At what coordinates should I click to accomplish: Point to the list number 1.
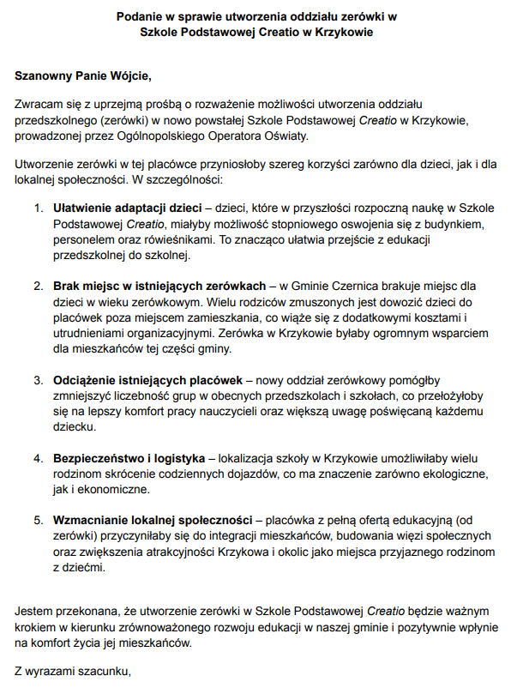38,208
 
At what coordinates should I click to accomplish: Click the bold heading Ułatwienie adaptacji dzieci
127,208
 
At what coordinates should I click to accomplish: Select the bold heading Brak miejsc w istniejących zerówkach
159,284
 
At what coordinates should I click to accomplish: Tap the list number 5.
38,520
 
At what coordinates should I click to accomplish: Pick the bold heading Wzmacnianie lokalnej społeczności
153,520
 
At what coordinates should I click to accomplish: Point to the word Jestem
34,612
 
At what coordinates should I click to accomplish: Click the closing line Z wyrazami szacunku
73,673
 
